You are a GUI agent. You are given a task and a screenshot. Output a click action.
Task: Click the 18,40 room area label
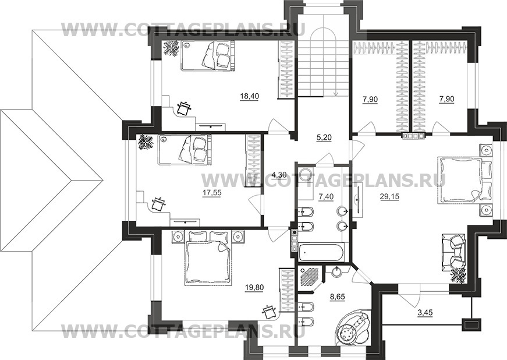[249, 96]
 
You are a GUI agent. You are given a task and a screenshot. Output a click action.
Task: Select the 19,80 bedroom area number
[254, 288]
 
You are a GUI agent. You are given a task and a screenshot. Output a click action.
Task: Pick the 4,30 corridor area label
[279, 175]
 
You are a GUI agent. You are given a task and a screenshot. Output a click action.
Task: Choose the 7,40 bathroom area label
[326, 196]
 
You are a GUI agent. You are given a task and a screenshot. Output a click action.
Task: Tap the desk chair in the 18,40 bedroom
[185, 108]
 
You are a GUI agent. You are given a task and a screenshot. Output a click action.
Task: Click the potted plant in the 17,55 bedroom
[145, 143]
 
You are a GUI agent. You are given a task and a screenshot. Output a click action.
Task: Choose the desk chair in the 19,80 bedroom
[269, 312]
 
